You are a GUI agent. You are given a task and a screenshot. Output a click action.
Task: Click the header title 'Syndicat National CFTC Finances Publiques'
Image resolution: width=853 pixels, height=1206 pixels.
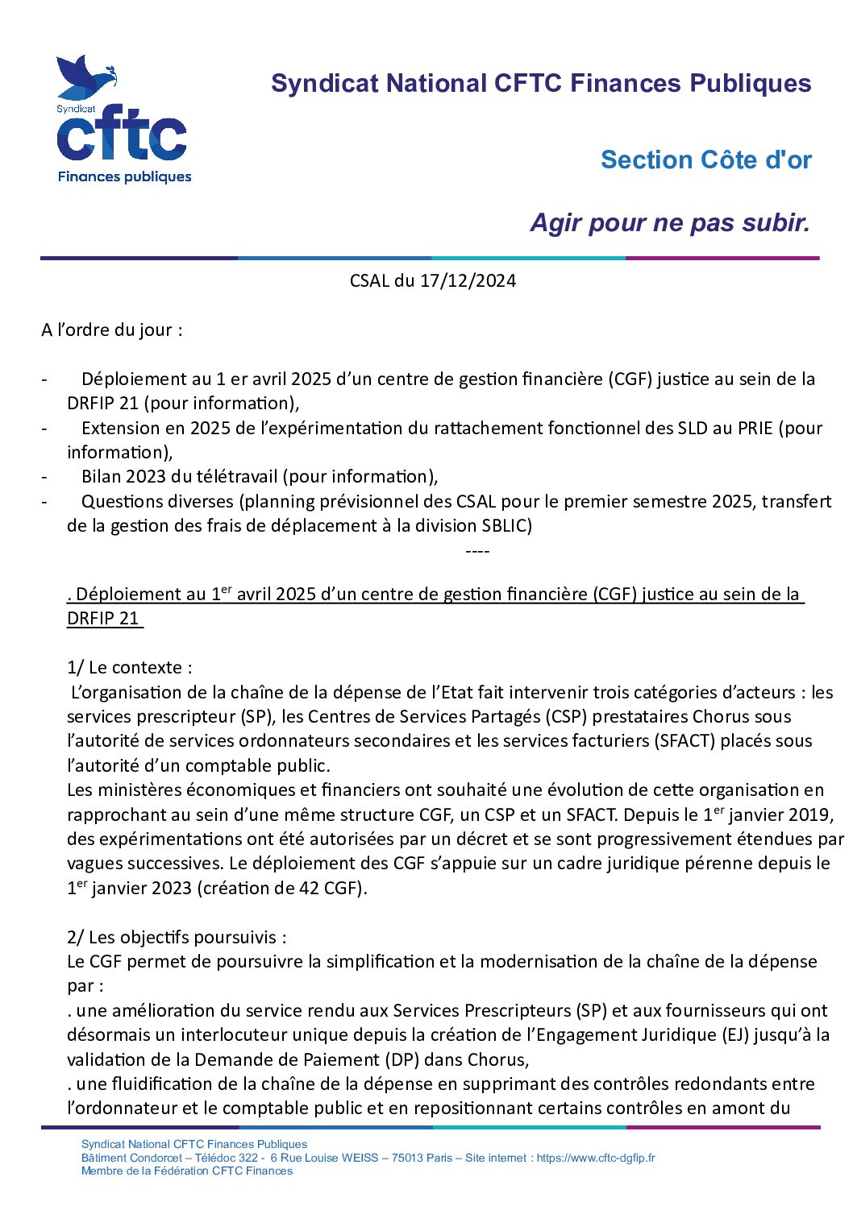pyautogui.click(x=541, y=83)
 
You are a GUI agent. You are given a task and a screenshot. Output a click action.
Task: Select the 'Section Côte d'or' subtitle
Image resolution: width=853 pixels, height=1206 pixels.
pyautogui.click(x=705, y=160)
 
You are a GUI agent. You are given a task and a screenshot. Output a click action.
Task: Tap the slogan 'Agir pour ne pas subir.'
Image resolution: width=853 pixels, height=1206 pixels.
pyautogui.click(x=669, y=222)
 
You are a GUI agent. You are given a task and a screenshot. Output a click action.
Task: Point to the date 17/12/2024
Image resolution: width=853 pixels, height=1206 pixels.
pyautogui.click(x=468, y=280)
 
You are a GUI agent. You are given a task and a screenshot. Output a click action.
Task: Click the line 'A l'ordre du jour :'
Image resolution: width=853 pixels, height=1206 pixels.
pyautogui.click(x=112, y=329)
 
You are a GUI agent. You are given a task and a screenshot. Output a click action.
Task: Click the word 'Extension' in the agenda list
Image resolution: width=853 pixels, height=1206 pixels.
pyautogui.click(x=117, y=428)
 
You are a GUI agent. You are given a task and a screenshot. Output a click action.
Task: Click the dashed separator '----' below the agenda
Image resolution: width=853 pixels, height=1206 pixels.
pyautogui.click(x=477, y=551)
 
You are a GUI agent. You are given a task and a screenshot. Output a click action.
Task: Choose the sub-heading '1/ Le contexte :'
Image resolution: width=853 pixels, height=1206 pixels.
pyautogui.click(x=130, y=667)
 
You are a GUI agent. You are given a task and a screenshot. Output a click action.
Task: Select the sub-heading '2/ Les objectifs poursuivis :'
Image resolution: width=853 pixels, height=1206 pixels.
pyautogui.click(x=177, y=937)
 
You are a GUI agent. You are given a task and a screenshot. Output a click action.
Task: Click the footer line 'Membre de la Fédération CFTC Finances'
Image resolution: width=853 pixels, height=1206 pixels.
pyautogui.click(x=187, y=1171)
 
